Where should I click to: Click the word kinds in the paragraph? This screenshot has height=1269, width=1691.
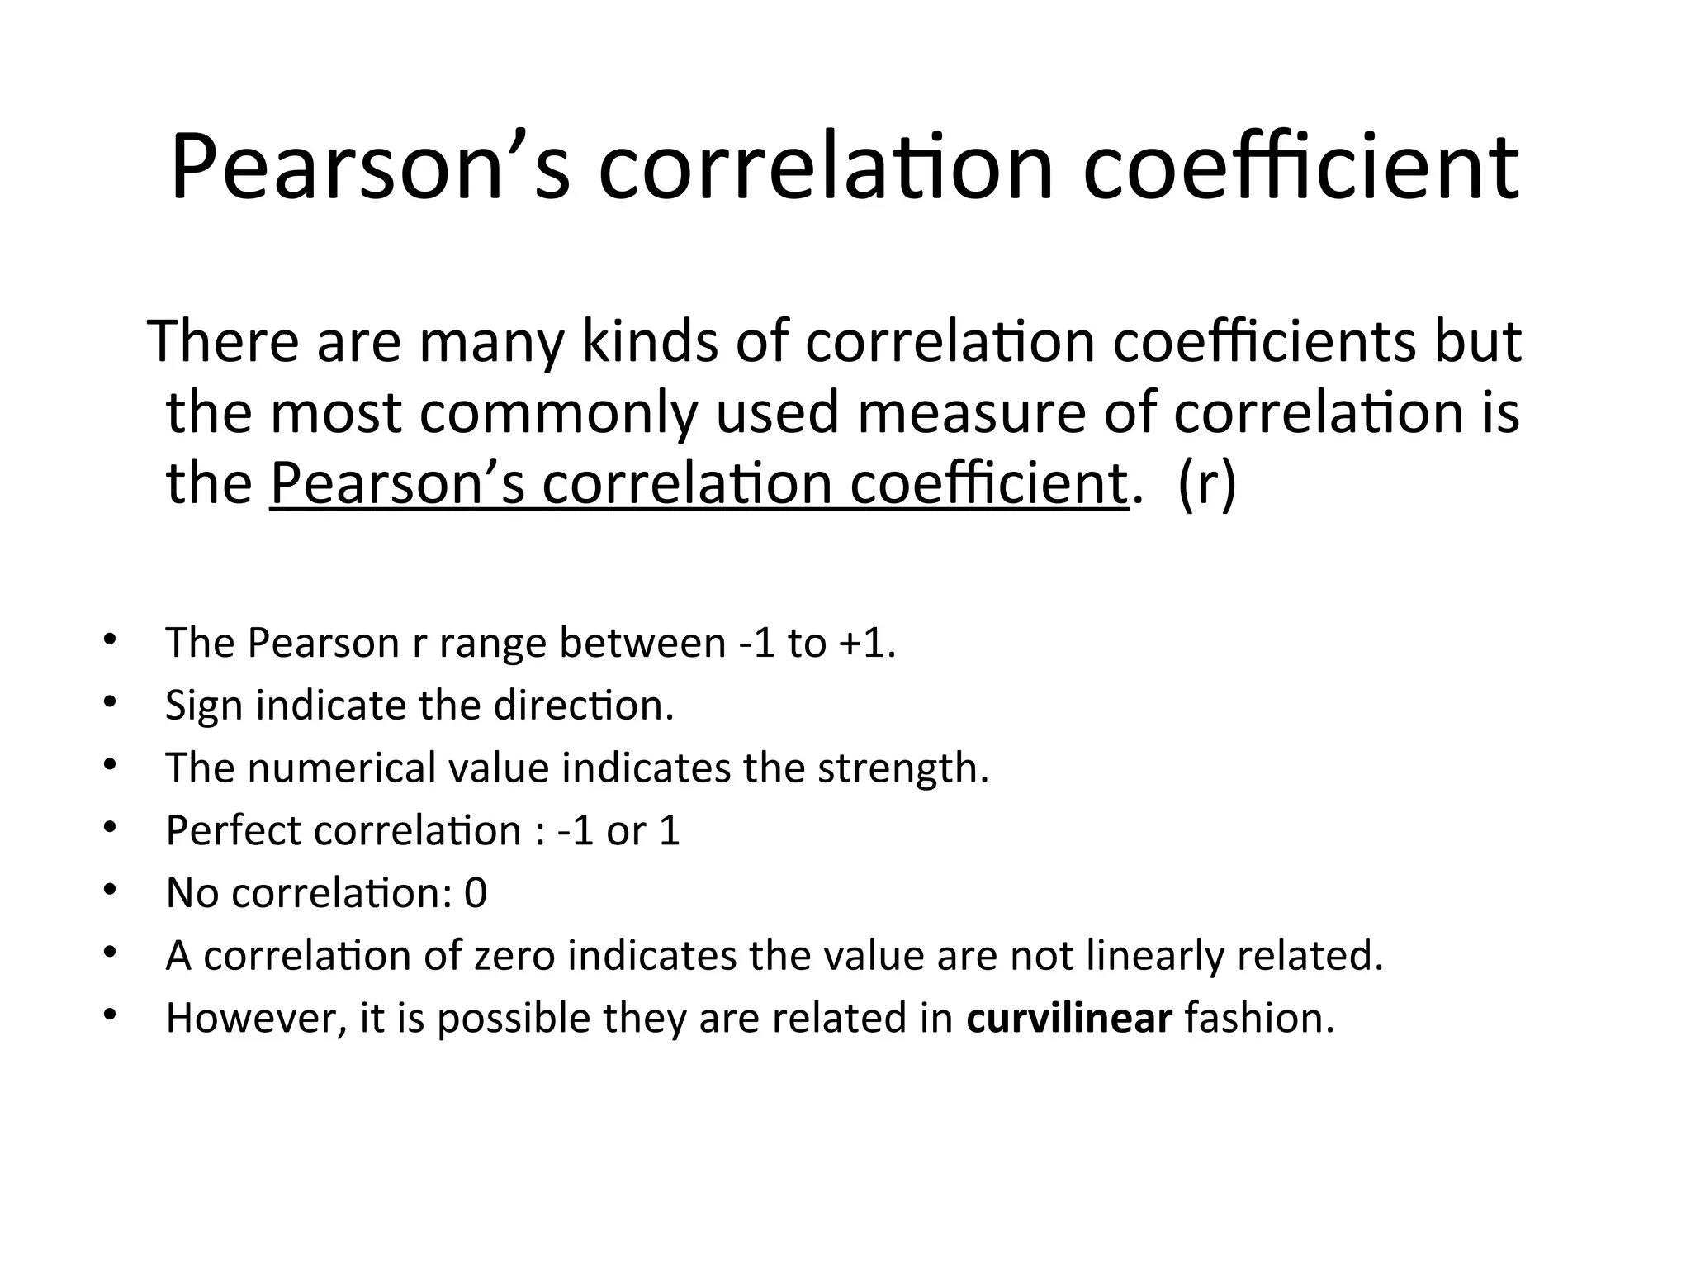coord(650,340)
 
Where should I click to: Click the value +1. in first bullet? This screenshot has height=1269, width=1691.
coord(866,642)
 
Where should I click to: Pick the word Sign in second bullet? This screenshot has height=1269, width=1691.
coord(203,706)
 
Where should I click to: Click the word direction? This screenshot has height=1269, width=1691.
coord(583,706)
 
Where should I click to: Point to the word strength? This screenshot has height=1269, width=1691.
coord(903,768)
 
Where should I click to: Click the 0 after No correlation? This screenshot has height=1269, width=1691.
coord(476,893)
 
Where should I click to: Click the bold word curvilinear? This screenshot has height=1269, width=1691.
coord(1069,1018)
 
